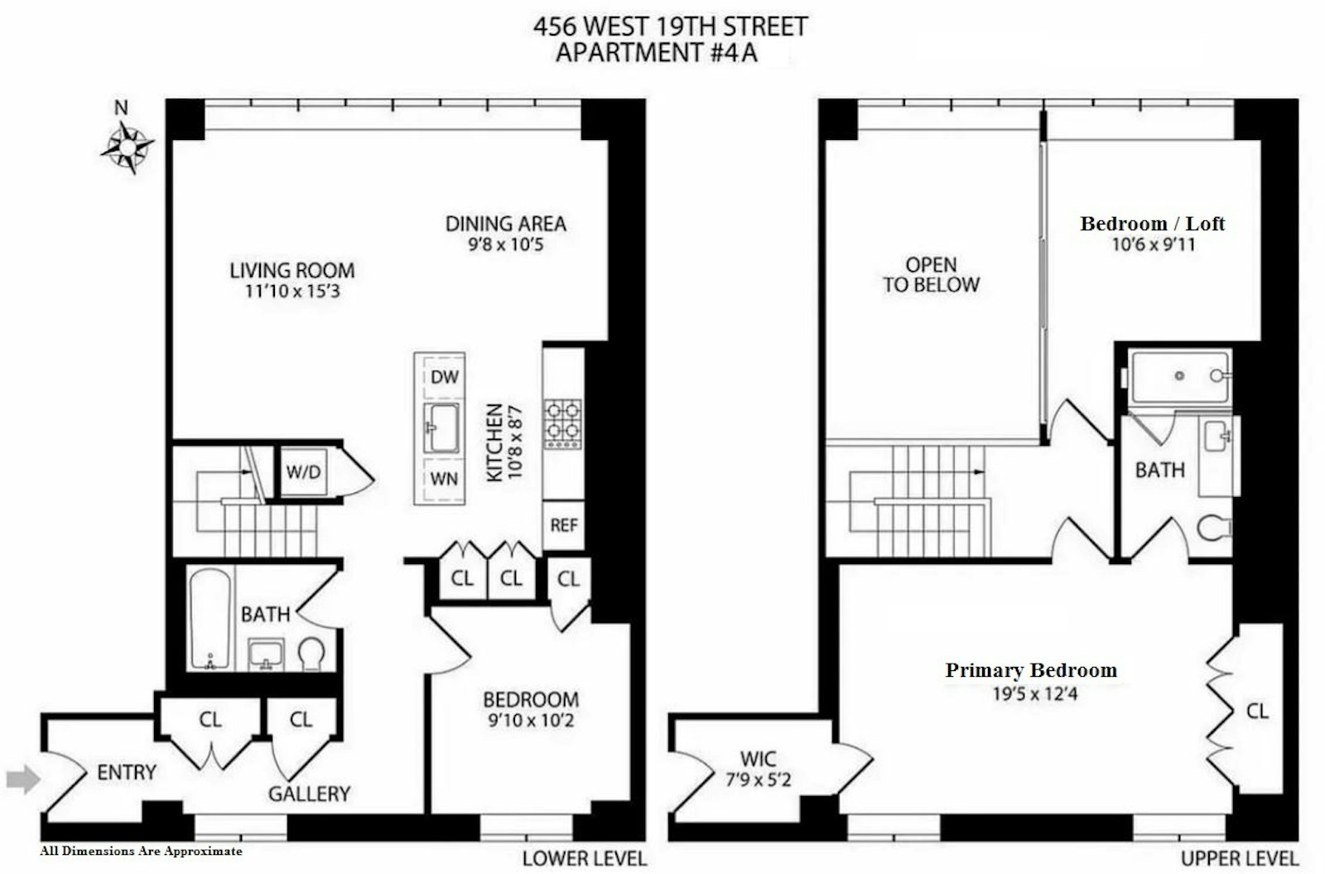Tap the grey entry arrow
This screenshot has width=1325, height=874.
[x=23, y=778]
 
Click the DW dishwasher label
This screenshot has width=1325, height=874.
[x=444, y=378]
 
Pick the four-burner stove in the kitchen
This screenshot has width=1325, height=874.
[x=562, y=423]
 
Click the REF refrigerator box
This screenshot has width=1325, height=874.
[x=563, y=525]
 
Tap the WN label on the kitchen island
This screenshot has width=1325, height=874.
[x=444, y=479]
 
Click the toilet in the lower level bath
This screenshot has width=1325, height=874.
[x=312, y=653]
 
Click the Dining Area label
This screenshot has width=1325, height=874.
[x=505, y=224]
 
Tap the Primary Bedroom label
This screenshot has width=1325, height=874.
[x=1031, y=670]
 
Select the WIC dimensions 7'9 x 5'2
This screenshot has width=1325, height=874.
[x=758, y=780]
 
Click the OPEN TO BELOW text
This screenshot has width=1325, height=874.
[x=931, y=275]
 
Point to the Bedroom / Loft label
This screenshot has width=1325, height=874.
[x=1152, y=224]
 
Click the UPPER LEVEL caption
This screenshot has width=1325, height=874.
[x=1239, y=858]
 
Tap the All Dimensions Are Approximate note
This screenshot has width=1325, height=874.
[x=142, y=851]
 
